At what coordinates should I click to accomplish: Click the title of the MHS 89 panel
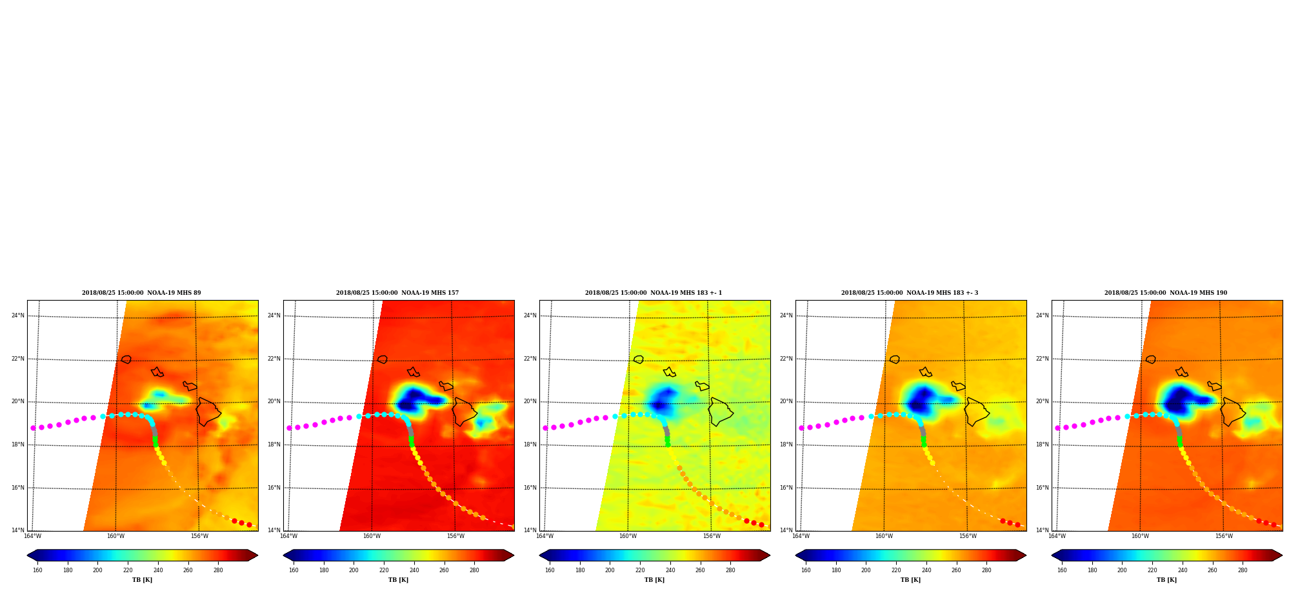[141, 293]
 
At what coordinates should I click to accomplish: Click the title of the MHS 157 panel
[397, 293]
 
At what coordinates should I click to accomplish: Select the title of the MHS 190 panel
[1166, 293]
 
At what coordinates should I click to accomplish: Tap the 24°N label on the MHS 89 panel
[18, 315]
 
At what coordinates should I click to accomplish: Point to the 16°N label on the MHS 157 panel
[274, 488]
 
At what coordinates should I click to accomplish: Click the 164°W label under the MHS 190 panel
[1057, 536]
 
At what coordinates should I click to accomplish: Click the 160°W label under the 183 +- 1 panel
[628, 536]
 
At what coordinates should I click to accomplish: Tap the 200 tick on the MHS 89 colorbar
[97, 570]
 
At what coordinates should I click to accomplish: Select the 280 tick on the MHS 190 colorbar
[1243, 570]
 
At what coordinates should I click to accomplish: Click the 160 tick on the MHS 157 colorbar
[294, 570]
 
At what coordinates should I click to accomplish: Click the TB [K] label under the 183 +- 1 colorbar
[654, 580]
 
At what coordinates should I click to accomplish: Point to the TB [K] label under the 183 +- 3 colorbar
[910, 580]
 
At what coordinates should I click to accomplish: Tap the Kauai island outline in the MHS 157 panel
[383, 359]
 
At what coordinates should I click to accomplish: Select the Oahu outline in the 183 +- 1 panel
[669, 372]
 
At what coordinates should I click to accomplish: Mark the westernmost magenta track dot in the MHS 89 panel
[33, 428]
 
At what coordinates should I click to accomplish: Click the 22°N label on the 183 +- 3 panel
[786, 359]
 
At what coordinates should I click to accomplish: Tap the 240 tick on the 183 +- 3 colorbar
[926, 570]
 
